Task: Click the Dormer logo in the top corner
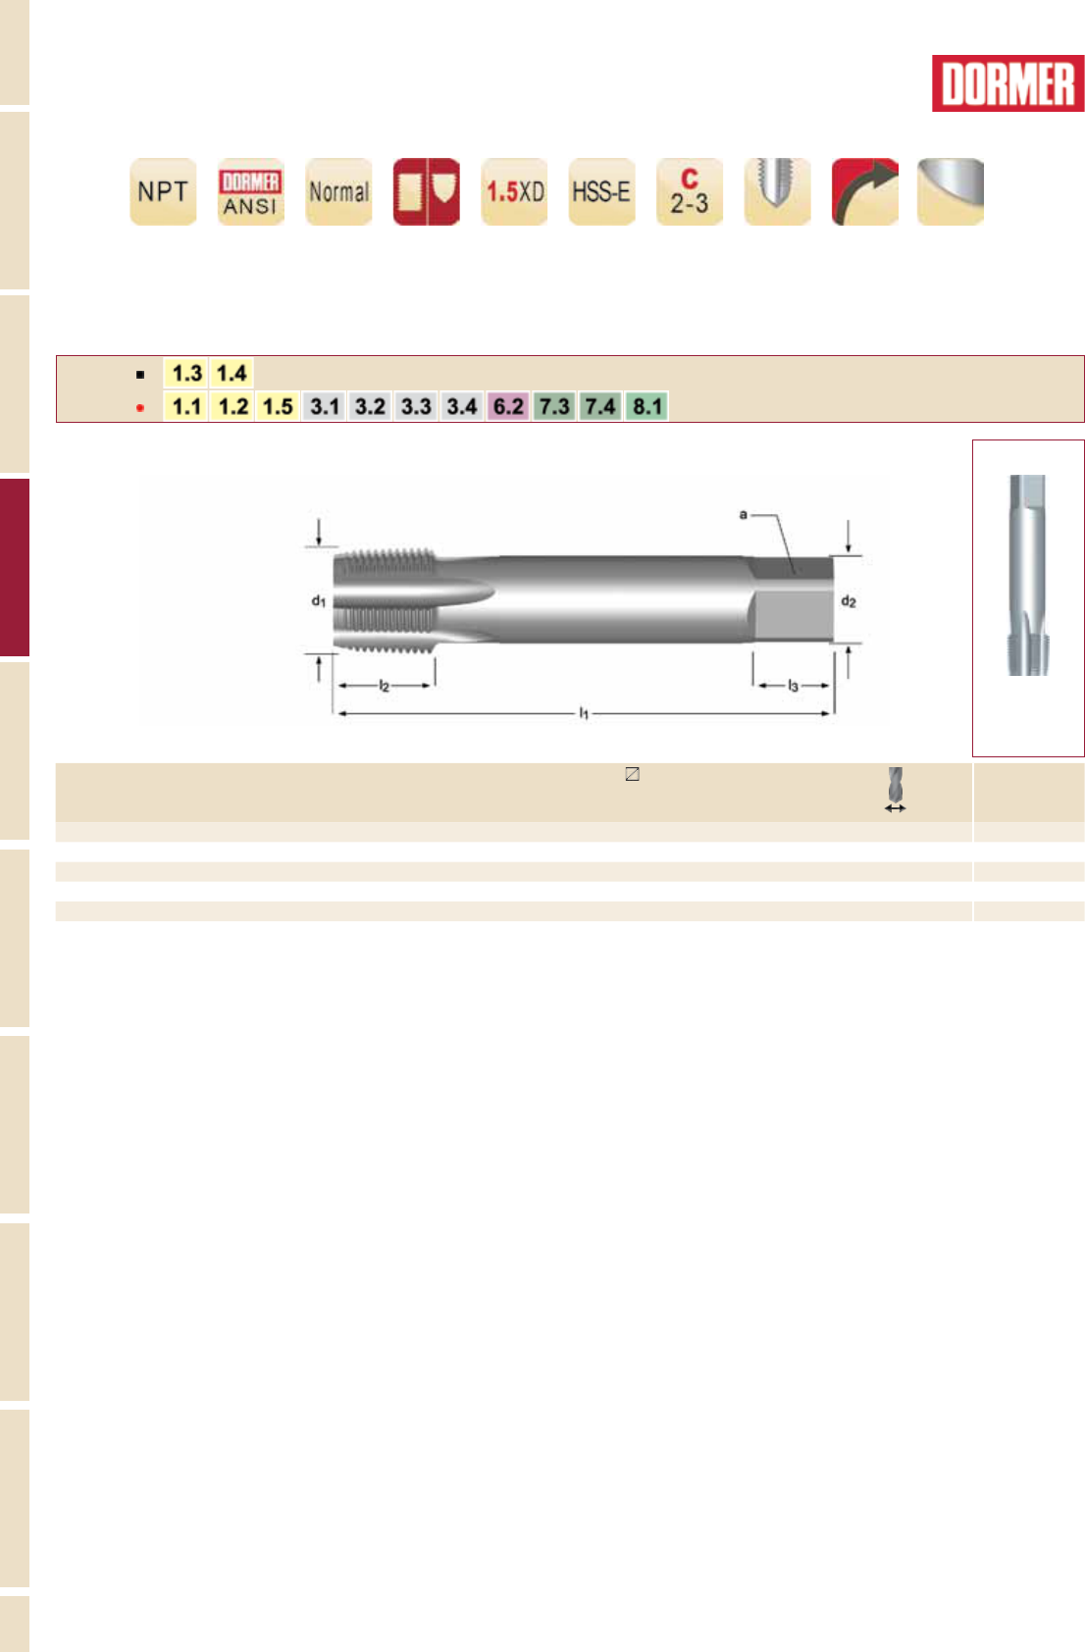[1007, 83]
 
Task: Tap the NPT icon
[163, 191]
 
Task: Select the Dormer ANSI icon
[251, 191]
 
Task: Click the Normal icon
[338, 191]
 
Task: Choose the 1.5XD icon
[514, 191]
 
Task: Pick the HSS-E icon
[602, 191]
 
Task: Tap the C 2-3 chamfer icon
[690, 191]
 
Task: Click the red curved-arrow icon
[865, 191]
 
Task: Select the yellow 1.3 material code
[186, 373]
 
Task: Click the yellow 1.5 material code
[278, 406]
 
